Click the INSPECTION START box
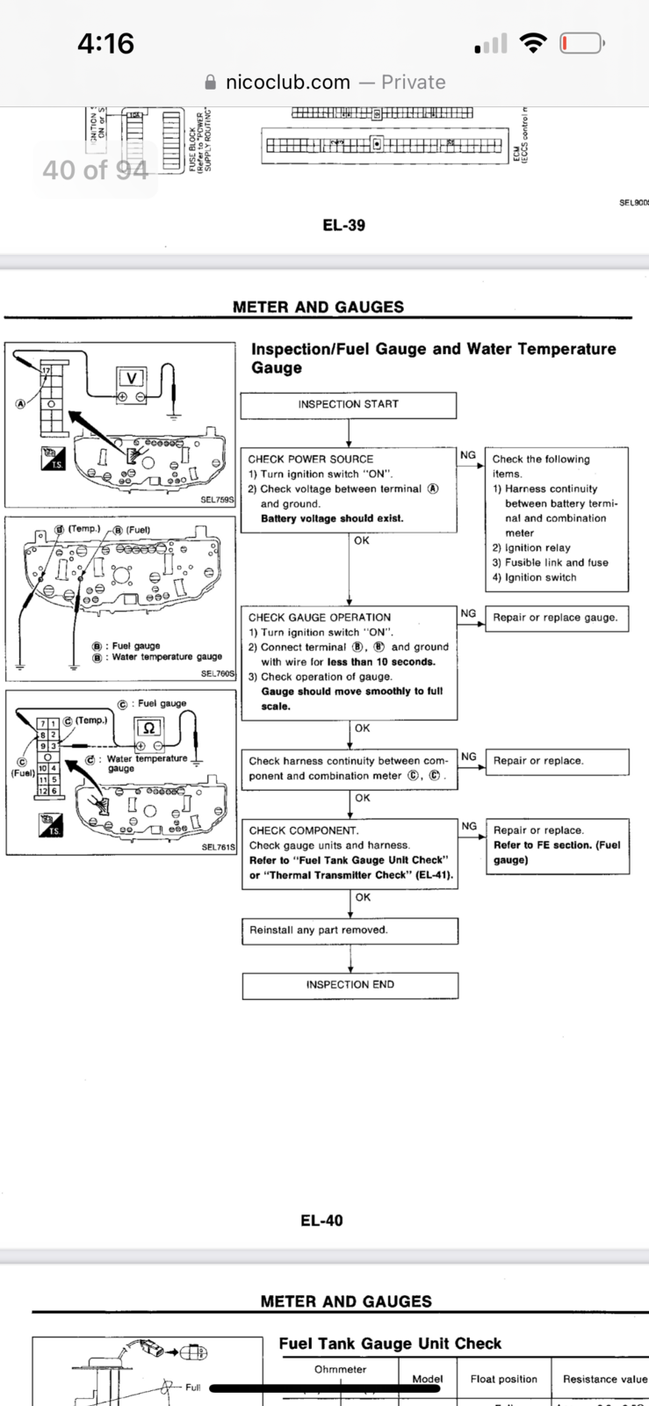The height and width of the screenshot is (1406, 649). tap(348, 404)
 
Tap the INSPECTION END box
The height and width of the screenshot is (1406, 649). tap(350, 985)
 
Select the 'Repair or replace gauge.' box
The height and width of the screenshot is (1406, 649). tap(555, 618)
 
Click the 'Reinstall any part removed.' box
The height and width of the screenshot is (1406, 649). tap(350, 931)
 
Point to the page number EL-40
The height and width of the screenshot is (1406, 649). tap(321, 1221)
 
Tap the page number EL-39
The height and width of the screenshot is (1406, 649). tap(343, 225)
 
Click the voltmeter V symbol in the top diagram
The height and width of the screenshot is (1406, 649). tap(132, 379)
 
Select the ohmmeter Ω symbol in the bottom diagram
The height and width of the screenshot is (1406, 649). tap(149, 728)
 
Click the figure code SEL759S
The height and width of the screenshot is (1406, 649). tap(217, 500)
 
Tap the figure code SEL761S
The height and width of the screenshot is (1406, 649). tap(218, 847)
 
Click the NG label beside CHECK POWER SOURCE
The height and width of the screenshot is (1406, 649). tap(468, 455)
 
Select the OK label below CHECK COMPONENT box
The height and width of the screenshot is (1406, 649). tap(363, 897)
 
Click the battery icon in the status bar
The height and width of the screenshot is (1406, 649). tap(581, 43)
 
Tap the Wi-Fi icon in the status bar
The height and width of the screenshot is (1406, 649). tap(532, 43)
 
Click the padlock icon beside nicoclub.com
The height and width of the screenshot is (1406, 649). tap(210, 83)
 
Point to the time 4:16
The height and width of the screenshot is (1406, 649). tap(105, 43)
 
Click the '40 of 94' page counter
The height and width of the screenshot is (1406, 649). tap(95, 170)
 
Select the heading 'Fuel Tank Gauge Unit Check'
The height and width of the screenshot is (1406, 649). tap(390, 1344)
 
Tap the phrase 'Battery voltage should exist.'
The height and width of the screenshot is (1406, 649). tap(332, 518)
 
